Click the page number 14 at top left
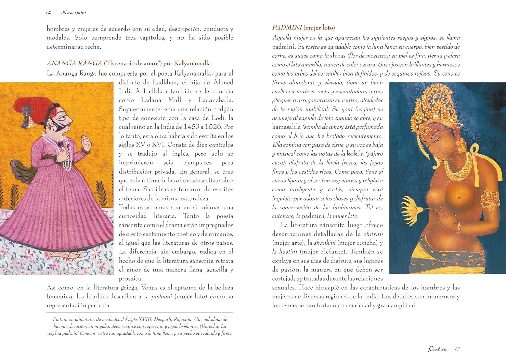coord(48,13)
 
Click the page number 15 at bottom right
coord(457,349)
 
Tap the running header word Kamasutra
coord(73,13)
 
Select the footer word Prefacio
coord(438,349)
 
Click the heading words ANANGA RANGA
coord(74,63)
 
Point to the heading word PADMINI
coord(287,28)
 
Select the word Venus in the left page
coord(149,288)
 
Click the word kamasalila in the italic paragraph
coord(286,127)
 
